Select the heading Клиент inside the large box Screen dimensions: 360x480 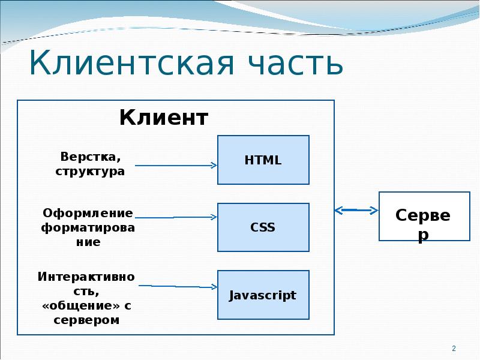pyautogui.click(x=164, y=118)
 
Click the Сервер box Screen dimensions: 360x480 pyautogui.click(x=424, y=217)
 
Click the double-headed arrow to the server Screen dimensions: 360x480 pyautogui.click(x=356, y=210)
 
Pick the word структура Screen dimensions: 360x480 pyautogui.click(x=90, y=171)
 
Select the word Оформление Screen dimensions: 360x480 pyautogui.click(x=88, y=213)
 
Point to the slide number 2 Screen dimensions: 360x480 pyautogui.click(x=454, y=349)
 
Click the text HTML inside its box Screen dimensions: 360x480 pyautogui.click(x=263, y=160)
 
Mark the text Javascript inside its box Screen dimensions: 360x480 pyautogui.click(x=263, y=295)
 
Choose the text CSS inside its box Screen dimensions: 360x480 pyautogui.click(x=263, y=227)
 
